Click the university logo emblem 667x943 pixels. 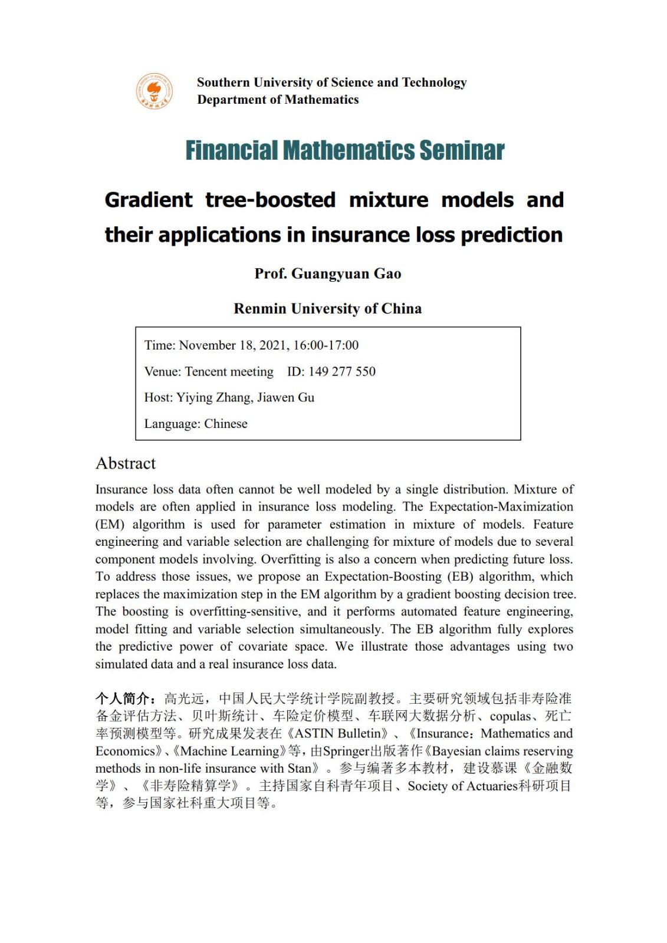(155, 91)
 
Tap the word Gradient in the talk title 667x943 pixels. (149, 200)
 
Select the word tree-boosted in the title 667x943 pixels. (270, 200)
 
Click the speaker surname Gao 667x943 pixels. (387, 273)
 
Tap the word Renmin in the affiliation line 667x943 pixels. (260, 308)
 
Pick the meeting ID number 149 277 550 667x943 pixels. (341, 371)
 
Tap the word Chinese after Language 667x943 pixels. (226, 424)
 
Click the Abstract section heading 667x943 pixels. (126, 463)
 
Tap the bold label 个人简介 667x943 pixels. (123, 698)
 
